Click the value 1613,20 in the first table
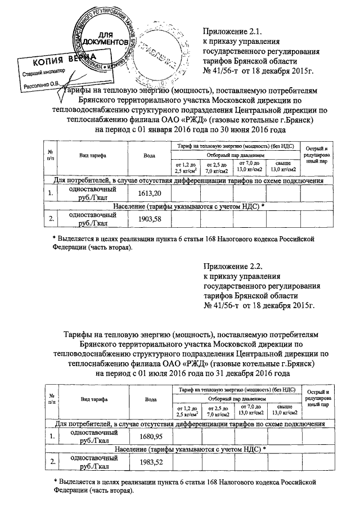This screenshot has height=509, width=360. (x=149, y=193)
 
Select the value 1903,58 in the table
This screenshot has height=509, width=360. (x=149, y=219)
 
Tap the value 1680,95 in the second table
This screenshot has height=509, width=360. (x=149, y=436)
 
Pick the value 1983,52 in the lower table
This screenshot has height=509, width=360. (x=149, y=462)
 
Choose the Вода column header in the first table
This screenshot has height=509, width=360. (x=149, y=156)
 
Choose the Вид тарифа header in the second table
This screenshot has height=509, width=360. (x=93, y=399)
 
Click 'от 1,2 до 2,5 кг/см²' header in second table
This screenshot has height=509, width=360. (x=186, y=409)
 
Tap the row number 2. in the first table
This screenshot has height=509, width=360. (x=51, y=219)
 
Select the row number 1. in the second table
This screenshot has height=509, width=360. (x=51, y=436)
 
